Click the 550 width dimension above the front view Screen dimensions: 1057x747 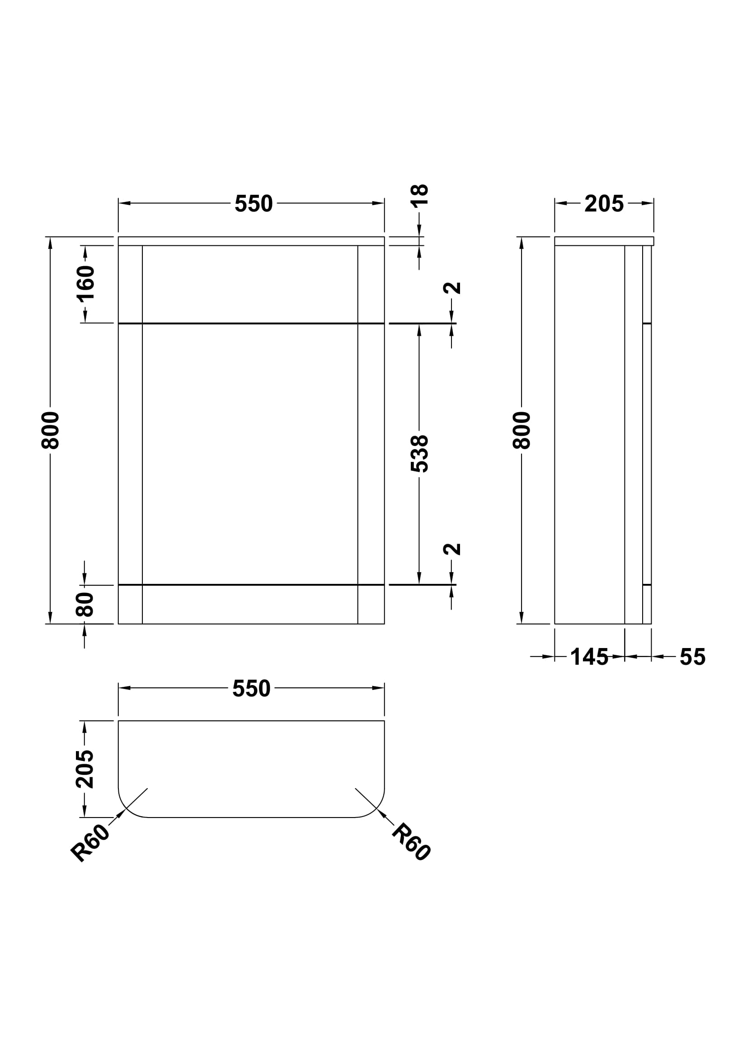pos(254,203)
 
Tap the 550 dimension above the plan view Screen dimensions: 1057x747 pos(251,688)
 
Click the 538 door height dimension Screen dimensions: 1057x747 pos(419,454)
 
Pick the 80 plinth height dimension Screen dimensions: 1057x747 pos(85,605)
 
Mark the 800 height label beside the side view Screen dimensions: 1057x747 pos(522,431)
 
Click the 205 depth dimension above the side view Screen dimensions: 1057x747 pos(604,203)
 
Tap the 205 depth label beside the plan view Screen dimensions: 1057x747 pos(85,769)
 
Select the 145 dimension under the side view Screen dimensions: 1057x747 pos(589,657)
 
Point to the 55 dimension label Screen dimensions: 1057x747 pos(692,657)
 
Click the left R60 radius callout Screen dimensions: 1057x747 pos(90,842)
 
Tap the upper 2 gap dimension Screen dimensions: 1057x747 pos(452,288)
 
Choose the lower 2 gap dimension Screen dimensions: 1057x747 pos(452,549)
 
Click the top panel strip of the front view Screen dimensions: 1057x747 pos(251,241)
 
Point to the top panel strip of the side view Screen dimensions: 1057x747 pos(604,241)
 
